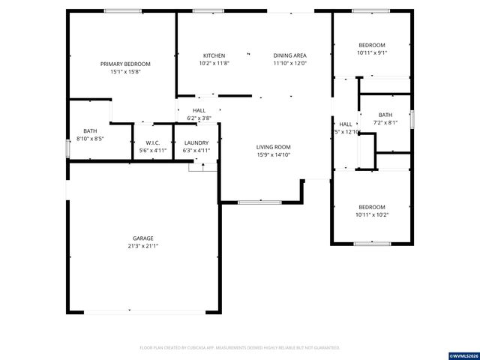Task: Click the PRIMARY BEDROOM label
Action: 125,64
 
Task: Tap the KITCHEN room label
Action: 214,55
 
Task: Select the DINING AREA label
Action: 289,55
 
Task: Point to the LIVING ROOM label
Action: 274,147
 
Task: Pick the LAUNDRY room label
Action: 196,142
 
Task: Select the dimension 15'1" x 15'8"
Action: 125,72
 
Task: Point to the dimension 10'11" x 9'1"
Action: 371,53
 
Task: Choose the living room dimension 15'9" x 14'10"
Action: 274,155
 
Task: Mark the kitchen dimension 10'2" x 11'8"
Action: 214,64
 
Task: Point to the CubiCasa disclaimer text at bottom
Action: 240,348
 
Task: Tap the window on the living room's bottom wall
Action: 259,202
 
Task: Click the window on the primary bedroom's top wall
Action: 123,10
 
